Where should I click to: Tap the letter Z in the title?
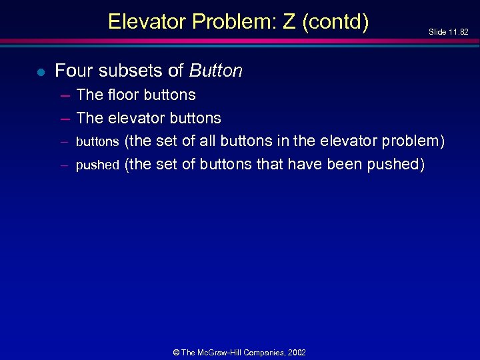[289, 22]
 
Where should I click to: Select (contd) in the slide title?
[335, 22]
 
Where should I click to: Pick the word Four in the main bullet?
[71, 71]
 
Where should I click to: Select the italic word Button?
[216, 71]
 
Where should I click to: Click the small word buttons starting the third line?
[97, 142]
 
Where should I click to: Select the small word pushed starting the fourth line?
[97, 165]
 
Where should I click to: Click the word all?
[207, 141]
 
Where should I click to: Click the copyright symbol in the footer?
[176, 352]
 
